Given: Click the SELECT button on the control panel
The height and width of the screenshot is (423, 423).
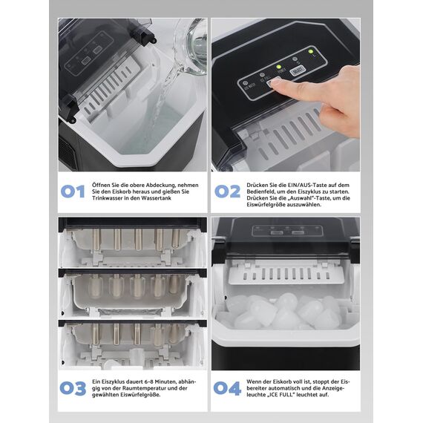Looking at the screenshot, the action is pos(298,70).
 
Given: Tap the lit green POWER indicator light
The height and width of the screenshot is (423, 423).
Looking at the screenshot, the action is pos(279,67).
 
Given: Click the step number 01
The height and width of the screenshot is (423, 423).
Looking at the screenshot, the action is pos(73,191).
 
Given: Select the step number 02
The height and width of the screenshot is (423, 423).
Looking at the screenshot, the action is pos(227,191).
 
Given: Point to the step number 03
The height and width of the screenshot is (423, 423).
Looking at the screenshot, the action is pos(73,388).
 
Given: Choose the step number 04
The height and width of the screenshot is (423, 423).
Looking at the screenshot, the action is pos(227,388).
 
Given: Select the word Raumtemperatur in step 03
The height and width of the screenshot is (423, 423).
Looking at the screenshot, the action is pos(145,388).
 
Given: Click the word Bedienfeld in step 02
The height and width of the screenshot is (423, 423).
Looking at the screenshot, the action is pos(259,191).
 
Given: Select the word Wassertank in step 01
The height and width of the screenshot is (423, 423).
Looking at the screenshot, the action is pos(157,198).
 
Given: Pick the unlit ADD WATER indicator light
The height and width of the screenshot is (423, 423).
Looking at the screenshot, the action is pos(245,83).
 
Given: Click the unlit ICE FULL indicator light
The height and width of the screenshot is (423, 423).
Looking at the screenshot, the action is pos(262,75).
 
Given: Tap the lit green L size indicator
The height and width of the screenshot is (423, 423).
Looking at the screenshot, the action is pos(310,51).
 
